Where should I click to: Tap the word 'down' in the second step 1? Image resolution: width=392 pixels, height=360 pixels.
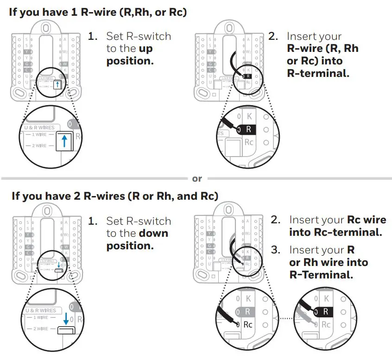pyautogui.click(x=153, y=234)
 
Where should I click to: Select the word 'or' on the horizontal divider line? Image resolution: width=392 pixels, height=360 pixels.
pyautogui.click(x=197, y=179)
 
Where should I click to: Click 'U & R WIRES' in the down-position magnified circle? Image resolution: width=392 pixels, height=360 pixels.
pyautogui.click(x=41, y=310)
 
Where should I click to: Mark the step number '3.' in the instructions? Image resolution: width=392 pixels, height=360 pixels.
pyautogui.click(x=276, y=250)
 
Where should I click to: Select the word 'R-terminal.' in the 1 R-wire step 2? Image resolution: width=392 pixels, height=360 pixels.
pyautogui.click(x=318, y=73)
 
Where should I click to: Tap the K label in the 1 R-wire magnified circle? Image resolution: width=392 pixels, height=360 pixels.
pyautogui.click(x=249, y=116)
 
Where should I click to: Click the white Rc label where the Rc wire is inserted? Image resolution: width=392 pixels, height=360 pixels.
pyautogui.click(x=248, y=324)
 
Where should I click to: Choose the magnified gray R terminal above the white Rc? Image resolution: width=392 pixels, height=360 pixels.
pyautogui.click(x=247, y=312)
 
